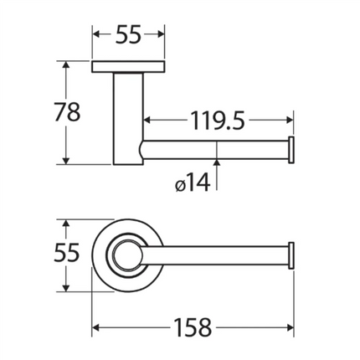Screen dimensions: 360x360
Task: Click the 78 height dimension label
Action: [67, 111]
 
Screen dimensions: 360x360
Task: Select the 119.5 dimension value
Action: [218, 121]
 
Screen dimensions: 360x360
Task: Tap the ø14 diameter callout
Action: [193, 183]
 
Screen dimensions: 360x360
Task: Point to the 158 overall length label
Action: [193, 327]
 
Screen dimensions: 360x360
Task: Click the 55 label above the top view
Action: [128, 34]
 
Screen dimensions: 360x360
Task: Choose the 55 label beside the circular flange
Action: [67, 253]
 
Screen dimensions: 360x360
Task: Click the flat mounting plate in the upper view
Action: [128, 66]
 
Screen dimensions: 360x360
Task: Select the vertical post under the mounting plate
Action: [128, 119]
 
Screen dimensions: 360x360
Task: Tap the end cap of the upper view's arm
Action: [291, 150]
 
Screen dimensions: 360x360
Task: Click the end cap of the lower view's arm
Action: [291, 255]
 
